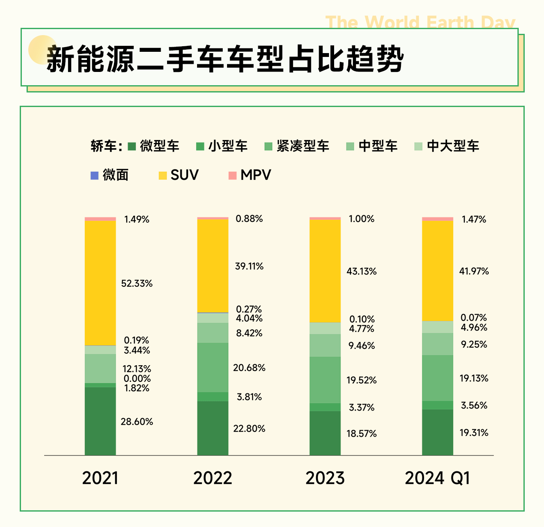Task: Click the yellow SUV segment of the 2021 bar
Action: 100,283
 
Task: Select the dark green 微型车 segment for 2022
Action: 213,428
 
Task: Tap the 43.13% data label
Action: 362,271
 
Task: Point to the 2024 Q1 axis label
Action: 437,478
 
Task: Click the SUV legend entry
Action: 179,175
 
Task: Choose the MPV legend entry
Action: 250,175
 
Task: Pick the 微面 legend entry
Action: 110,175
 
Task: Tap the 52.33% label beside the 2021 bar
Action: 137,283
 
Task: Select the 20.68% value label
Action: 249,368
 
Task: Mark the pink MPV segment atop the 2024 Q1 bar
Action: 438,219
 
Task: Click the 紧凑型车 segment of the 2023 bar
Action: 325,380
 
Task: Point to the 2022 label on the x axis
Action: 212,478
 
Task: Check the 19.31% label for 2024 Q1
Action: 474,433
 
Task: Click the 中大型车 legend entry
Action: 447,146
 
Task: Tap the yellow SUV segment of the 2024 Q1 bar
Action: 438,271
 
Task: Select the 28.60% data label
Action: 137,422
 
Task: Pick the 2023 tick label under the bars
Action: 325,478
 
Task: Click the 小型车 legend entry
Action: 222,146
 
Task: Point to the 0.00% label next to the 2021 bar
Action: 137,379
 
